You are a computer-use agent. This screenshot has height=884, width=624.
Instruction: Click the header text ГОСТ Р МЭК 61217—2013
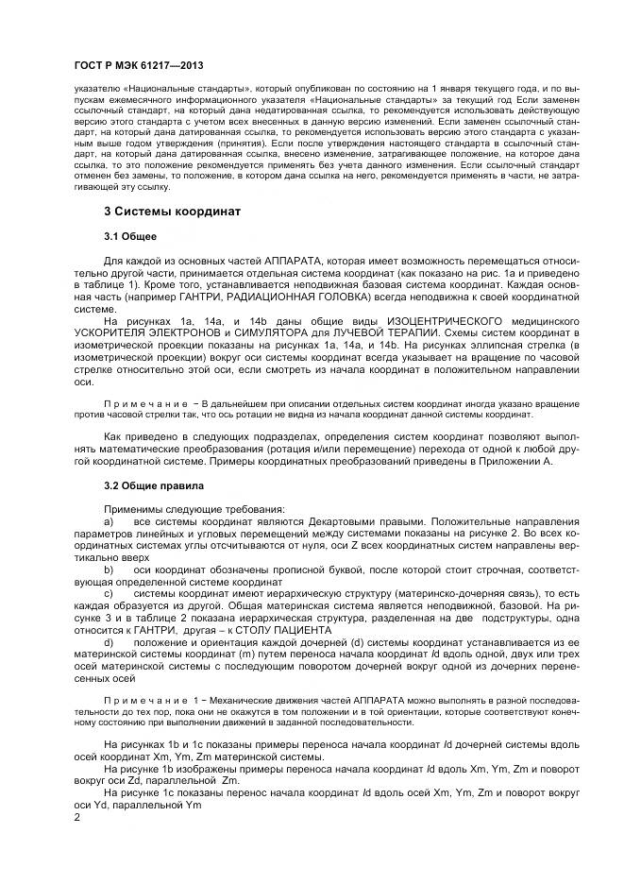(139, 65)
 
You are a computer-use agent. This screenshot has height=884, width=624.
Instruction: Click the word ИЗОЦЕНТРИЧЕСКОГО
(412, 321)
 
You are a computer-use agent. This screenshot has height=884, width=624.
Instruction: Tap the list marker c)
(109, 594)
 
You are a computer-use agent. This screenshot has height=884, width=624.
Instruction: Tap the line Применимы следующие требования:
(177, 510)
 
